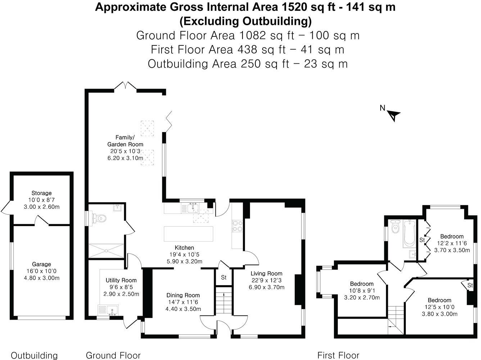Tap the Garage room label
coord(41,264)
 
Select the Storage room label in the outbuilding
coord(41,193)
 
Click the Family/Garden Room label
coord(125,141)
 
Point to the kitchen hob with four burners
coord(237,225)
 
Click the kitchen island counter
coord(188,234)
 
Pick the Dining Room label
coord(183,295)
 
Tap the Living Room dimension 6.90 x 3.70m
coord(266,287)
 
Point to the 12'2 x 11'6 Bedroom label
coord(452,237)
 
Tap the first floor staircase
coord(396,320)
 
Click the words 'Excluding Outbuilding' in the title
coord(245,21)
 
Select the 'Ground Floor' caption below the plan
coord(113,355)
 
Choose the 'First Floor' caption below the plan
coord(338,355)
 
